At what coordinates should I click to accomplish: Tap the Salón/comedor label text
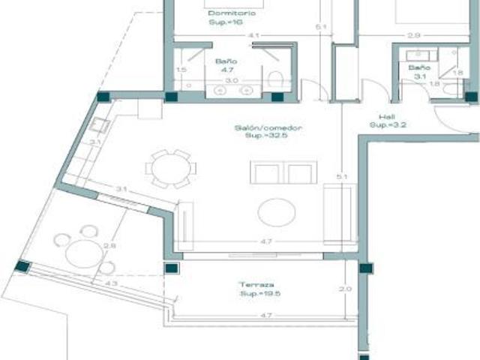tap(257, 128)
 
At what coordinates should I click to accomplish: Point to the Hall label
tap(386, 117)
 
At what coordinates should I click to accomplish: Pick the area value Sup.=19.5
tap(256, 294)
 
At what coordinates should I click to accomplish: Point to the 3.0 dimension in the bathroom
tap(232, 79)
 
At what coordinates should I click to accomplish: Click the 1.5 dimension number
tap(180, 70)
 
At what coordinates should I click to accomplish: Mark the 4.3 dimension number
tap(111, 283)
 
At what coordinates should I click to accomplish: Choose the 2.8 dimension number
tap(109, 245)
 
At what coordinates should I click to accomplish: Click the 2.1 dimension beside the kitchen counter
tap(94, 142)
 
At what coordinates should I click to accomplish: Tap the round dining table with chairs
tap(171, 168)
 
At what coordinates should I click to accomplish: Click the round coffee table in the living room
tap(276, 212)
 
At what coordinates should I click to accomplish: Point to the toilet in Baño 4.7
tap(277, 78)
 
